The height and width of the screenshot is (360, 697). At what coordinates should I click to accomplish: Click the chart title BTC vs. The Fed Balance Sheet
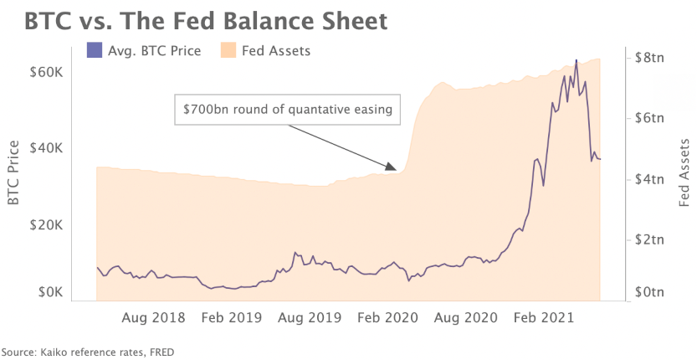coord(206,20)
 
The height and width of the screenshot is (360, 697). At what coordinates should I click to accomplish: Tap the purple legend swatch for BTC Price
coord(95,51)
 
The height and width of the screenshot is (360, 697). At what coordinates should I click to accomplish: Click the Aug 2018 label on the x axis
coord(154,318)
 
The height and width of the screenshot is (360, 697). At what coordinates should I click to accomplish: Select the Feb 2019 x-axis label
coord(230,318)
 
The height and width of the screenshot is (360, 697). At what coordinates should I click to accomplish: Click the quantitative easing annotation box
coord(288,109)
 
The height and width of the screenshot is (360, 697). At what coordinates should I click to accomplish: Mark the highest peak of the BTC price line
coord(576,60)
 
